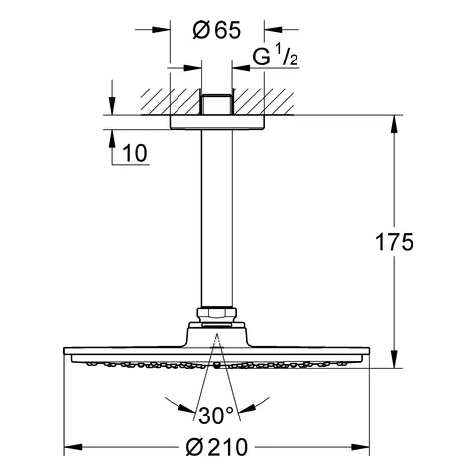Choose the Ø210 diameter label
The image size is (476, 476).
[215, 449]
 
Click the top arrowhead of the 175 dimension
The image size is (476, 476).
[396, 125]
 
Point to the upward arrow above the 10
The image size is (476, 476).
[110, 137]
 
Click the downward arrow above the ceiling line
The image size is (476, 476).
[110, 106]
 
